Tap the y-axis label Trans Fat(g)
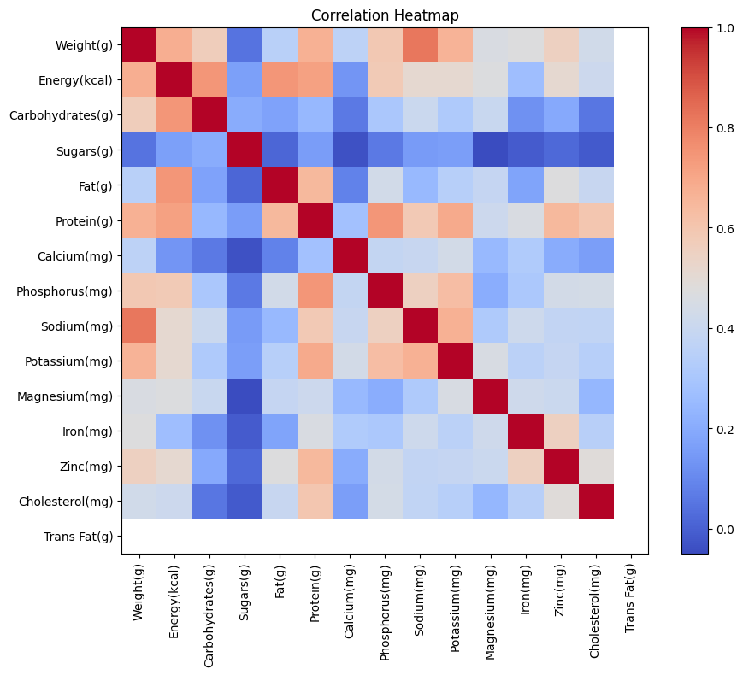coord(79,537)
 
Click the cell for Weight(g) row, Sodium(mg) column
coord(420,44)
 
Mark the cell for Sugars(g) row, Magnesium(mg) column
coord(490,150)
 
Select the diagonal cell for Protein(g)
coord(315,220)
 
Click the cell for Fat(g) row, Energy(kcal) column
coord(174,185)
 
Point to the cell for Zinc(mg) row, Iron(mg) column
coord(525,466)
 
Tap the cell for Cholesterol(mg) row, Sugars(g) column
coord(245,501)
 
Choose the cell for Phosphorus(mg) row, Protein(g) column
coord(315,291)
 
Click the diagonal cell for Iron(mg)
coord(525,431)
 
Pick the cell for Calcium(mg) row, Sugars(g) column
coord(245,255)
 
